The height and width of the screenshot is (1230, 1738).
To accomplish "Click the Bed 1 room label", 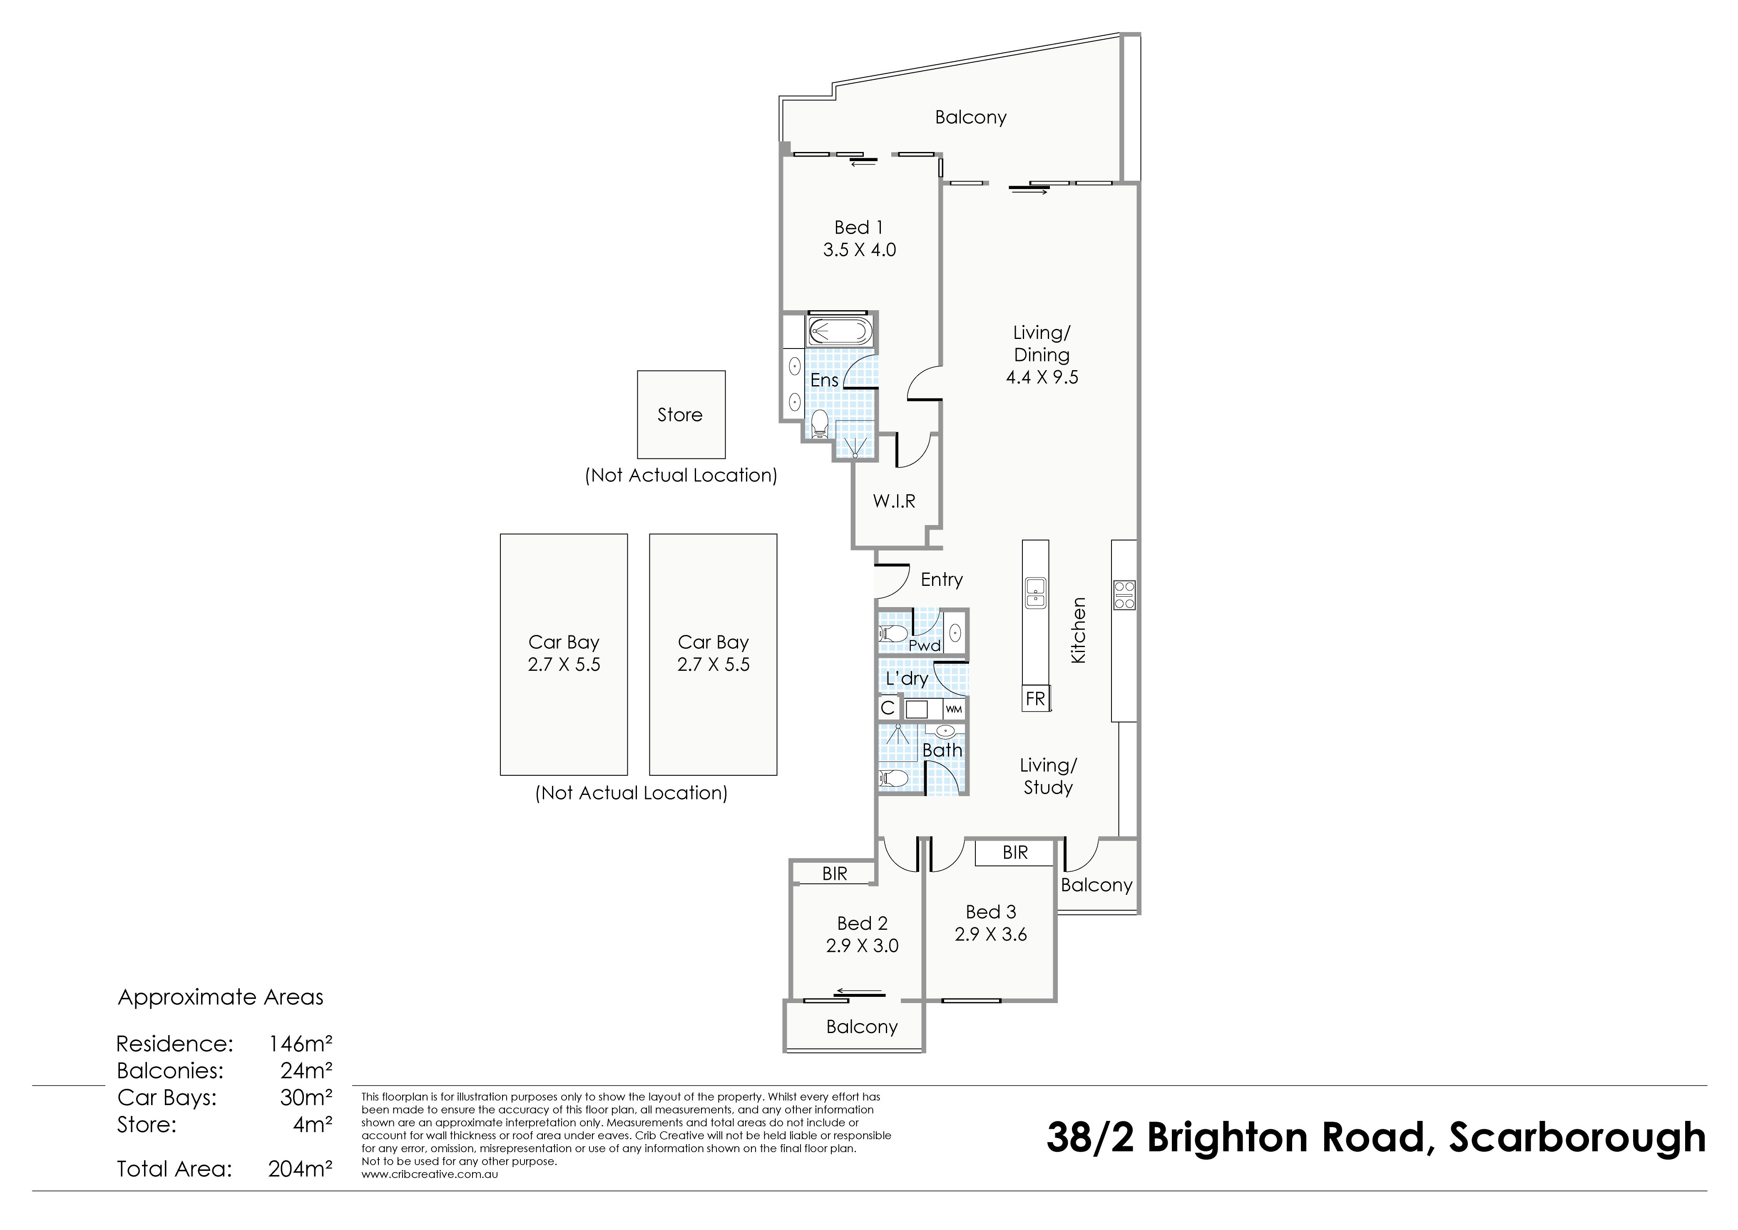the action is point(859,227).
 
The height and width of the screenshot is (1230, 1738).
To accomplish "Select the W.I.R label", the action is point(894,500).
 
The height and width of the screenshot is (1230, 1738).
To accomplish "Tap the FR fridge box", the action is point(1035,698).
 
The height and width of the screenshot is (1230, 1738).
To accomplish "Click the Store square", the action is point(681,414).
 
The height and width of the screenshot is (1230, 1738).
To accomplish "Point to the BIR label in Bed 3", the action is point(1015,853).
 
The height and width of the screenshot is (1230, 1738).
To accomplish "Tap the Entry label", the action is point(941,580).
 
